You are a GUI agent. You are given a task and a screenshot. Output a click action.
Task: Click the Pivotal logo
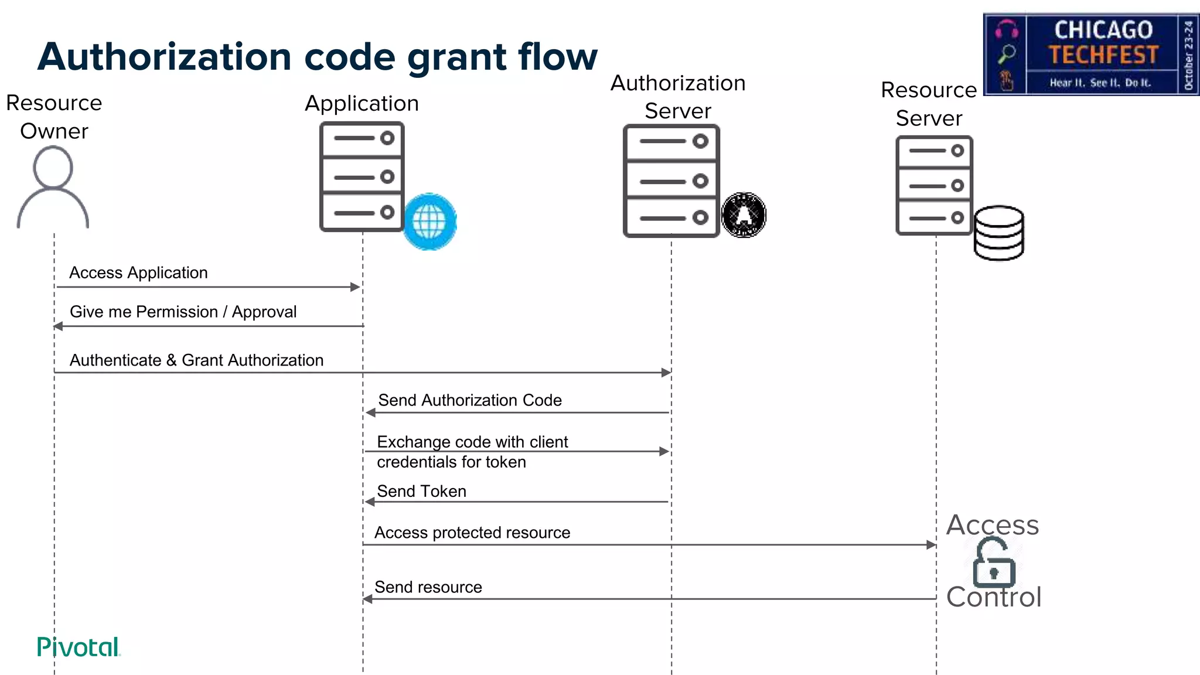tap(78, 647)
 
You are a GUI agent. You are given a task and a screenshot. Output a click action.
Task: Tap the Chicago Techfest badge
tap(1091, 54)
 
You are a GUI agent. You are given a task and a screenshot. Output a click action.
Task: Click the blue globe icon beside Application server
tap(430, 221)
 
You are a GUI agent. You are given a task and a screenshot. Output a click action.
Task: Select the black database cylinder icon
tap(999, 233)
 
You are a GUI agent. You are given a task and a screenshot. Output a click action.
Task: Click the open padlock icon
tap(993, 564)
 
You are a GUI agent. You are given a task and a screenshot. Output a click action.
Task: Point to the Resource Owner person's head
tap(53, 167)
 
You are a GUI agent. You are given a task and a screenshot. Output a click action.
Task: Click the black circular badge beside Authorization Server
tap(744, 215)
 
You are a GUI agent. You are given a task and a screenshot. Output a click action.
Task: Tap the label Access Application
tap(138, 273)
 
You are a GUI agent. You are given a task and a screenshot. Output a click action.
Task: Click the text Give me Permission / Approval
tap(183, 312)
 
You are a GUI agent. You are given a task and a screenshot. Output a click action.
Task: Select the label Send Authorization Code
tap(469, 400)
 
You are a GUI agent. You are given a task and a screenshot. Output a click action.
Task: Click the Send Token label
tap(421, 491)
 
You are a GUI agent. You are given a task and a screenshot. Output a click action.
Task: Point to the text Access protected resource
tap(472, 533)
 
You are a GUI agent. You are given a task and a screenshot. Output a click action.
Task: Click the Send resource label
tap(428, 587)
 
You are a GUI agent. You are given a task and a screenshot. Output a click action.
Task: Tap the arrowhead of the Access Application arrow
tap(355, 287)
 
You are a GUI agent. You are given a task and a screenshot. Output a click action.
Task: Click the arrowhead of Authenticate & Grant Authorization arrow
tap(666, 373)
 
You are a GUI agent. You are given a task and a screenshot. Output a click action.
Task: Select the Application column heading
tap(362, 104)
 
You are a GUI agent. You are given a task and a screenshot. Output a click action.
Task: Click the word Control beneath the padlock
tap(994, 597)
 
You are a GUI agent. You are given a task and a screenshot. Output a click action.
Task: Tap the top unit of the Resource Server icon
tap(934, 151)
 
